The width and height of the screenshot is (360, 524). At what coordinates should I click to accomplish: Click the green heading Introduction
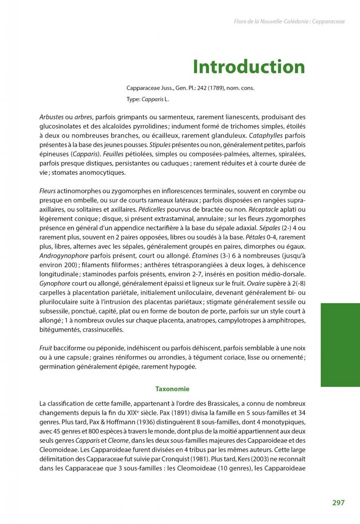click(249, 67)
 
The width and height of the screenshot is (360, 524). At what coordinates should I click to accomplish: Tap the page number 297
click(338, 503)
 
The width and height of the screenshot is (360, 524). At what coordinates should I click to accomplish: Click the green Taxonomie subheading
click(172, 389)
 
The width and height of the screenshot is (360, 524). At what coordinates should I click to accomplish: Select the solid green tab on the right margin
click(340, 345)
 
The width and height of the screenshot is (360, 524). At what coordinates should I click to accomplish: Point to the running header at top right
click(289, 21)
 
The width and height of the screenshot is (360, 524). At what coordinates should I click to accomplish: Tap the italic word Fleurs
click(47, 191)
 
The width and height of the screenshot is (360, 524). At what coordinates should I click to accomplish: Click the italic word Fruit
click(46, 348)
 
